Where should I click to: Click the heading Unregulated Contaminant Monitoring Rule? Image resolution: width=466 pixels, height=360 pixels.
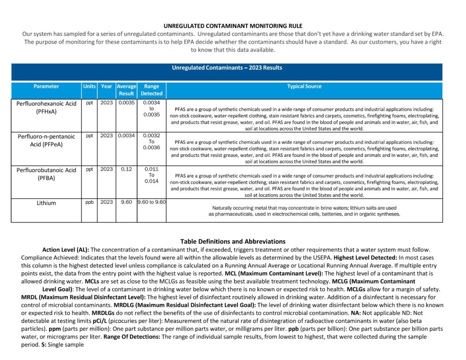tap(233, 26)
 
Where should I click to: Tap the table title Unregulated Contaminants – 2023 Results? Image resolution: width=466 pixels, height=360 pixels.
tap(227, 68)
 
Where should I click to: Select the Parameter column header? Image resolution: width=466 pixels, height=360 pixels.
tap(46, 86)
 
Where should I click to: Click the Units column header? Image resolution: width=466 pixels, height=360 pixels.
tap(89, 86)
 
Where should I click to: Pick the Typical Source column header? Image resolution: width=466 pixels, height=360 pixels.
tap(304, 86)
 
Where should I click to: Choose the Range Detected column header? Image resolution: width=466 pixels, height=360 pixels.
tap(152, 90)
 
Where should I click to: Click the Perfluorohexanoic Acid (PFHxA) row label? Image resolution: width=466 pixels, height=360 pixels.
tap(46, 107)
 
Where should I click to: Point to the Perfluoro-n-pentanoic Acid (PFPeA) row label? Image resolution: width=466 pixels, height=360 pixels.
tap(46, 140)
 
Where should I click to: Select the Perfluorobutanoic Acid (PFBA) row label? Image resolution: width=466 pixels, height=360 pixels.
tap(46, 174)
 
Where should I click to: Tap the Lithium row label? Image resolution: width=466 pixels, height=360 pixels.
tap(46, 203)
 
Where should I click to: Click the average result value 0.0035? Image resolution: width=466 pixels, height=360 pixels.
tap(127, 103)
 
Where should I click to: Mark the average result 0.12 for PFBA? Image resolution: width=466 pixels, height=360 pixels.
tap(127, 169)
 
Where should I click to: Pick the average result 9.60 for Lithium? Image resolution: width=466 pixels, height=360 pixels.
tap(127, 202)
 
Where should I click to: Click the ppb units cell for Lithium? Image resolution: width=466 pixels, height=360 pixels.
tap(89, 202)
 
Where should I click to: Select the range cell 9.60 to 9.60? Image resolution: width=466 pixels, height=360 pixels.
tap(152, 202)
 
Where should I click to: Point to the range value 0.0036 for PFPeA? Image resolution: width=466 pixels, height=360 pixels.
tap(152, 147)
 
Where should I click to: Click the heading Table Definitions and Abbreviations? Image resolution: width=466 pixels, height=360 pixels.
tap(233, 242)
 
